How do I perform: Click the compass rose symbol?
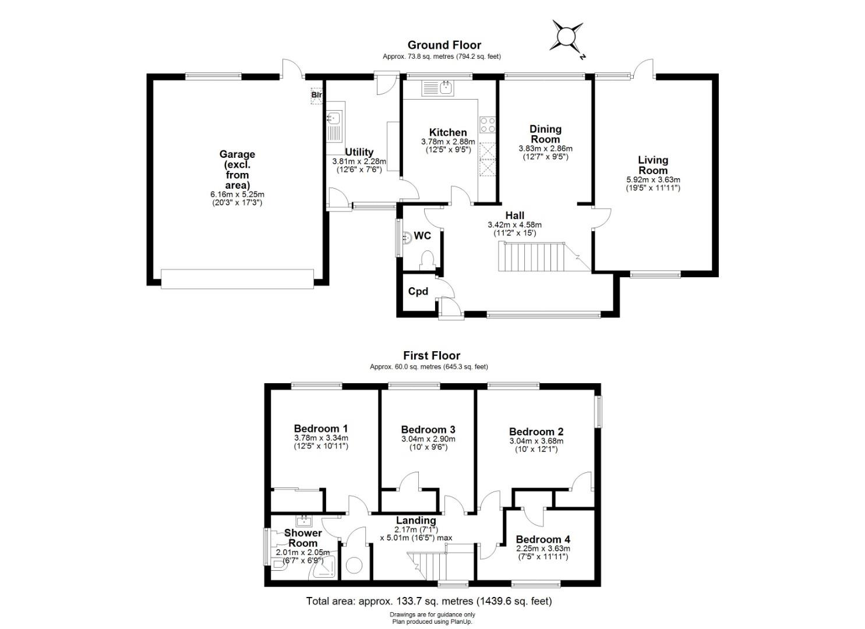567,38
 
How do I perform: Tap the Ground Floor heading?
444,45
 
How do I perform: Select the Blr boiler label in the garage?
317,94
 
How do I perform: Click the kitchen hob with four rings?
488,125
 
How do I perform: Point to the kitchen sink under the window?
438,89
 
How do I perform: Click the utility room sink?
334,126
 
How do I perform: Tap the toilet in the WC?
427,261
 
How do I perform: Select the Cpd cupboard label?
418,291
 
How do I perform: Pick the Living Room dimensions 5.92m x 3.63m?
653,179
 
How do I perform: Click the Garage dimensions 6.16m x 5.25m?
237,194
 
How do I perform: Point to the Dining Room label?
545,134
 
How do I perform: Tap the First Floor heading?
432,355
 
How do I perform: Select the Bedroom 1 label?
321,428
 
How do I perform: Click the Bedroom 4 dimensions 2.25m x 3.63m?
543,548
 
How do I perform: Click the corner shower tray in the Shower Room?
324,568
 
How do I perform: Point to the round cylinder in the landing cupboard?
354,566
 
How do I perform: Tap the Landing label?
416,520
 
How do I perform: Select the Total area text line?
429,601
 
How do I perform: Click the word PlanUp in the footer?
462,621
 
